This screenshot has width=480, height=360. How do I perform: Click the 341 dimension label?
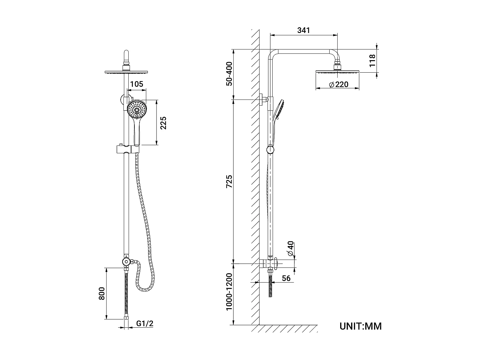303,30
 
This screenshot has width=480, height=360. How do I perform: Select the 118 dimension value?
372,61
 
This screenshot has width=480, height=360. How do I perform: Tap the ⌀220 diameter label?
338,85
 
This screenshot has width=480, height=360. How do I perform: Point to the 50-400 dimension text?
229,74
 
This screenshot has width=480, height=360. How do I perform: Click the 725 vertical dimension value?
229,181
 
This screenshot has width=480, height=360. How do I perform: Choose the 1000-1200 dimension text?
229,292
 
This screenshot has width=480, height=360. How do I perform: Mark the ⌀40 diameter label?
291,248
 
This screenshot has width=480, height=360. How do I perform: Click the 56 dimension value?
286,278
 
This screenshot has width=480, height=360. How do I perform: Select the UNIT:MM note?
360,326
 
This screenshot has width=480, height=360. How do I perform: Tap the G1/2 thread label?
145,323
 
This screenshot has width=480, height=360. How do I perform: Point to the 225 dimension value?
163,123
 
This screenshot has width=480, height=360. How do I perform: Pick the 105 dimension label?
137,84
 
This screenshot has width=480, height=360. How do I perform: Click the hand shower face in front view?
137,109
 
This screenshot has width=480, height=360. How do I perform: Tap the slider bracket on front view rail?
127,149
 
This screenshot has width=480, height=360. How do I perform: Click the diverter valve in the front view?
127,262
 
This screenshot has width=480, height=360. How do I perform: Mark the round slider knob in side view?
271,149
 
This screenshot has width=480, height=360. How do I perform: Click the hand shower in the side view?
278,115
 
